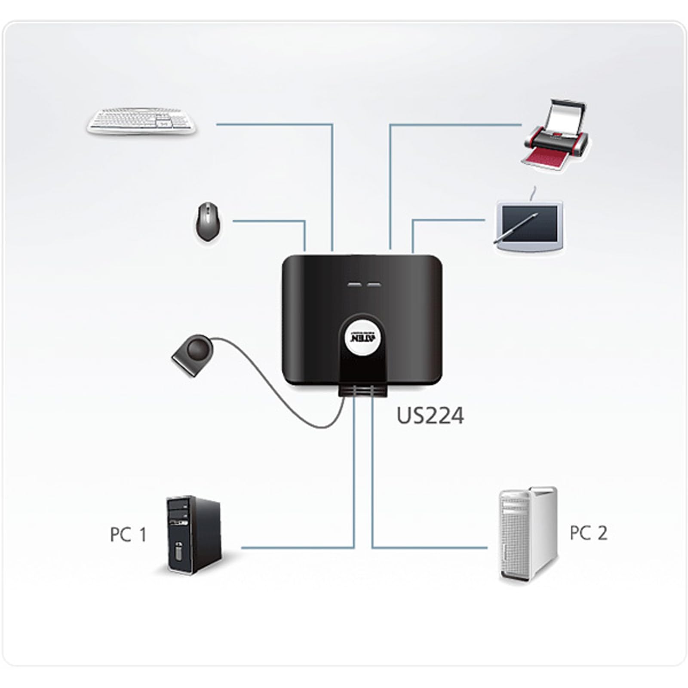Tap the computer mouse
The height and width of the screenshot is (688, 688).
[x=207, y=221]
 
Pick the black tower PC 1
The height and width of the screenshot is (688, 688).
[x=194, y=535]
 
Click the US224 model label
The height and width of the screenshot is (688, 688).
[x=430, y=416]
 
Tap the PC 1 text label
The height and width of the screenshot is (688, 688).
[x=128, y=535]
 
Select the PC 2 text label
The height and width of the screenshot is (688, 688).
[x=588, y=533]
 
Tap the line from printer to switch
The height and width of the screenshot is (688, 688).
[x=390, y=126]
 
